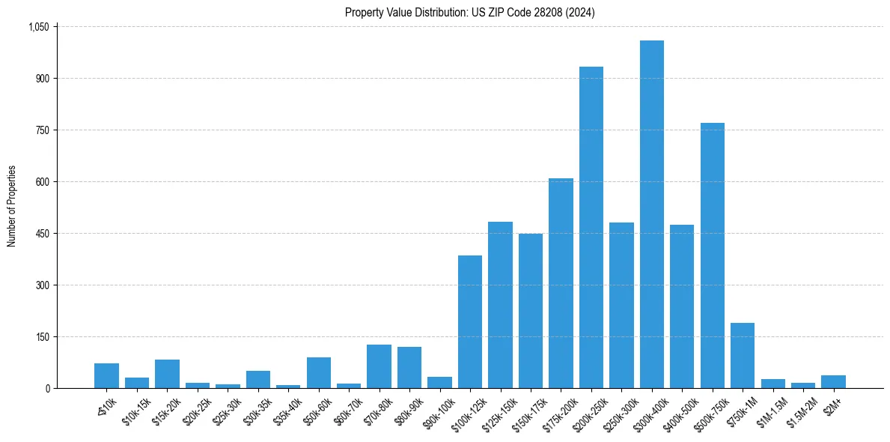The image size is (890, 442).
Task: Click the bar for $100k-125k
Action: point(470,321)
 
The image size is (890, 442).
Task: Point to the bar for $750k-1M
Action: point(743,355)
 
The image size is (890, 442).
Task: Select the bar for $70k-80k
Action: point(379,366)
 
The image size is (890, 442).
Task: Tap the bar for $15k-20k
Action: point(167,374)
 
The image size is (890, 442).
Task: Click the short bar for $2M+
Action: point(833,381)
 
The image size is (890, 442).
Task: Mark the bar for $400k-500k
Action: point(682,306)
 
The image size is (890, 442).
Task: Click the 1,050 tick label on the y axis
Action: point(38,27)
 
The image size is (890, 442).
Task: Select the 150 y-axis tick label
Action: point(41,337)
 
